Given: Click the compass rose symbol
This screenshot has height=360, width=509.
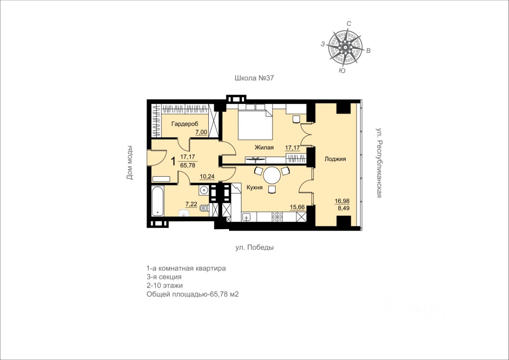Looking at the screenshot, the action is [345, 47].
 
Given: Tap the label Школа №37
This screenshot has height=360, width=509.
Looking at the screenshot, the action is [254, 78].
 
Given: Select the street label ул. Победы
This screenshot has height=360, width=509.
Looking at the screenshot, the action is [254, 247].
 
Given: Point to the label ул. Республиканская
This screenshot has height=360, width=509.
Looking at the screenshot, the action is [379, 163].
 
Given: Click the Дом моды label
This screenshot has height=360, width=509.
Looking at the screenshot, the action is [130, 163].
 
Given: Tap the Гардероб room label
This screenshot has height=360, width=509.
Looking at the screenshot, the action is [185, 124].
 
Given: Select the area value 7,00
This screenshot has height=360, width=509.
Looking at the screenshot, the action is [201, 132].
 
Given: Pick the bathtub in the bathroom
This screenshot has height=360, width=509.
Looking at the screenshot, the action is [157, 201].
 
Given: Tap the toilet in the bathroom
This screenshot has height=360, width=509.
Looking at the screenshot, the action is [204, 208].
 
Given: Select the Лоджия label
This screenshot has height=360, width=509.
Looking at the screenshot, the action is [335, 159].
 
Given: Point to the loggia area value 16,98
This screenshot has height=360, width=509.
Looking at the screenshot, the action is [342, 201].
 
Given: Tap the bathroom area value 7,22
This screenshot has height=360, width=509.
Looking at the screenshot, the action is [191, 204].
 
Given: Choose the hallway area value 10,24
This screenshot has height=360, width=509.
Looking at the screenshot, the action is [207, 177].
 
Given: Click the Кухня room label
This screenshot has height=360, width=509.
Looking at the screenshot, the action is [254, 187].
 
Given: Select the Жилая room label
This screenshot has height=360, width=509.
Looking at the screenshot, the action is [264, 148].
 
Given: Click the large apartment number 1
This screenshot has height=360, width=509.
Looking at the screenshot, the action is [173, 162].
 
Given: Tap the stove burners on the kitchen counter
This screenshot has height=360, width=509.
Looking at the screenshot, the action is [277, 216].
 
